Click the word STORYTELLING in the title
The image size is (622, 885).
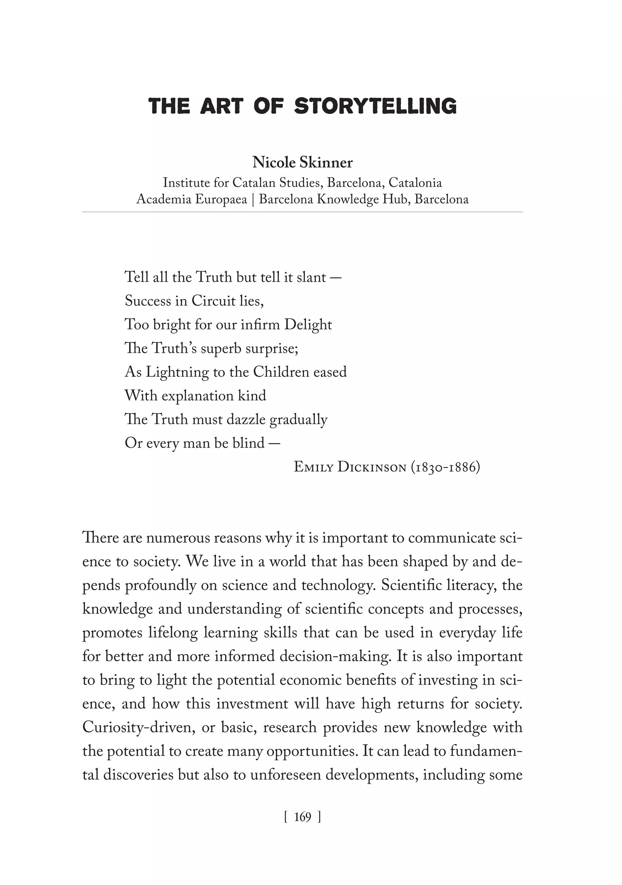pos(375,106)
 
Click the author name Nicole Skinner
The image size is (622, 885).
pos(302,163)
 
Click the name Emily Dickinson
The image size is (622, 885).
pos(350,468)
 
